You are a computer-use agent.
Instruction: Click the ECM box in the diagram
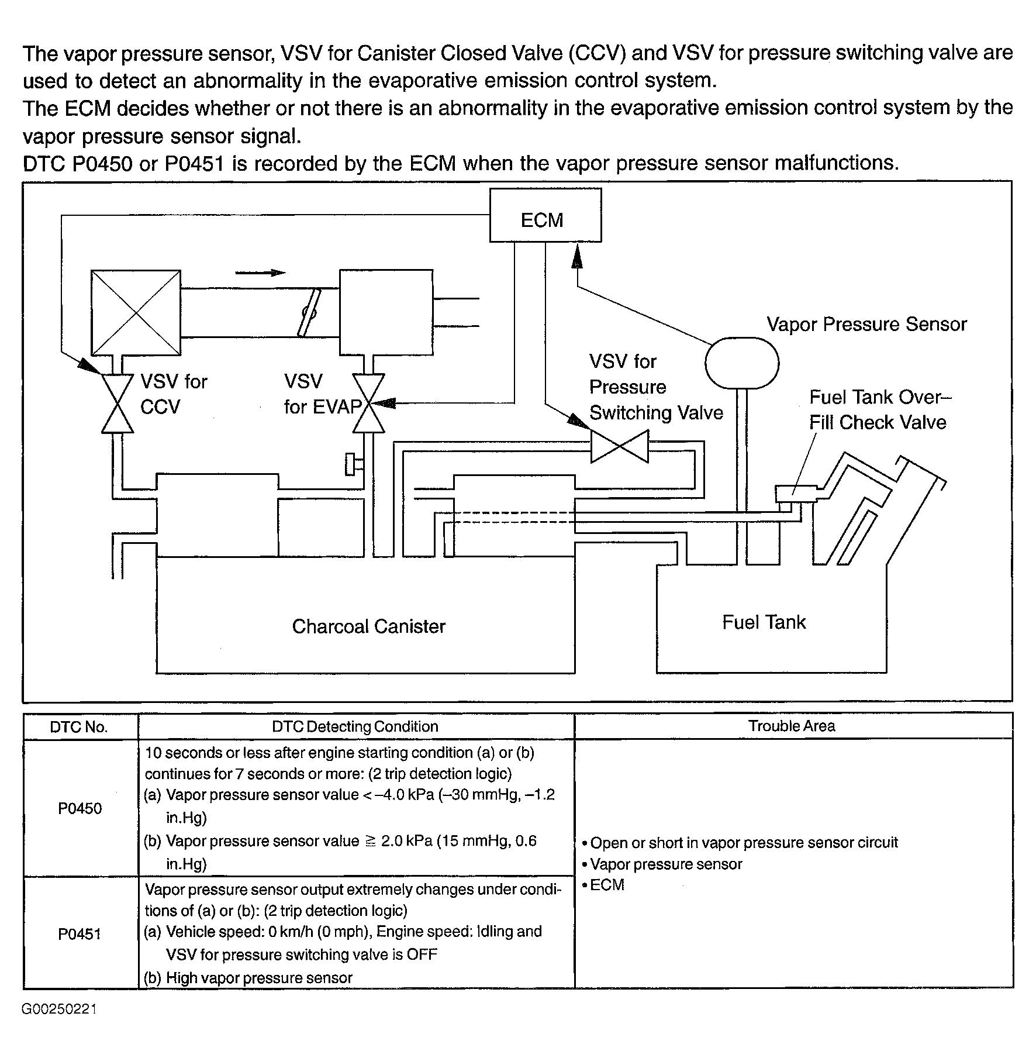click(x=545, y=215)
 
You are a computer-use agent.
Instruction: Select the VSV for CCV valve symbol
click(x=118, y=403)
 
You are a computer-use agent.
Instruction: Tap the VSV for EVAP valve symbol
click(x=368, y=403)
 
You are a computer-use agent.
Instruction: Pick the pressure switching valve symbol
click(x=619, y=447)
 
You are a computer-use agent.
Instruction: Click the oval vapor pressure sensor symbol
click(x=741, y=363)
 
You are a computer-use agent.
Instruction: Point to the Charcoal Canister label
click(x=368, y=626)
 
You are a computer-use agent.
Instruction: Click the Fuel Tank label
click(x=764, y=622)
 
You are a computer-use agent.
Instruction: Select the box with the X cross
click(x=136, y=312)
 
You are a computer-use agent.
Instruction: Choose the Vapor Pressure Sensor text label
click(x=866, y=324)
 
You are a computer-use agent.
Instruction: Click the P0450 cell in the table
click(x=80, y=808)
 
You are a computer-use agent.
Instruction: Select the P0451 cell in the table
click(x=80, y=933)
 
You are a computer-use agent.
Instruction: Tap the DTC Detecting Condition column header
click(x=355, y=726)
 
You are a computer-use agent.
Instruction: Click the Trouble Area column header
click(x=792, y=726)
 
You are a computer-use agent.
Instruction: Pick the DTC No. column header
click(x=79, y=727)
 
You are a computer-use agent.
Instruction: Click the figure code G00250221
click(x=60, y=1009)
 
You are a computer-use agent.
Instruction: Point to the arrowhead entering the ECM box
click(x=577, y=256)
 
